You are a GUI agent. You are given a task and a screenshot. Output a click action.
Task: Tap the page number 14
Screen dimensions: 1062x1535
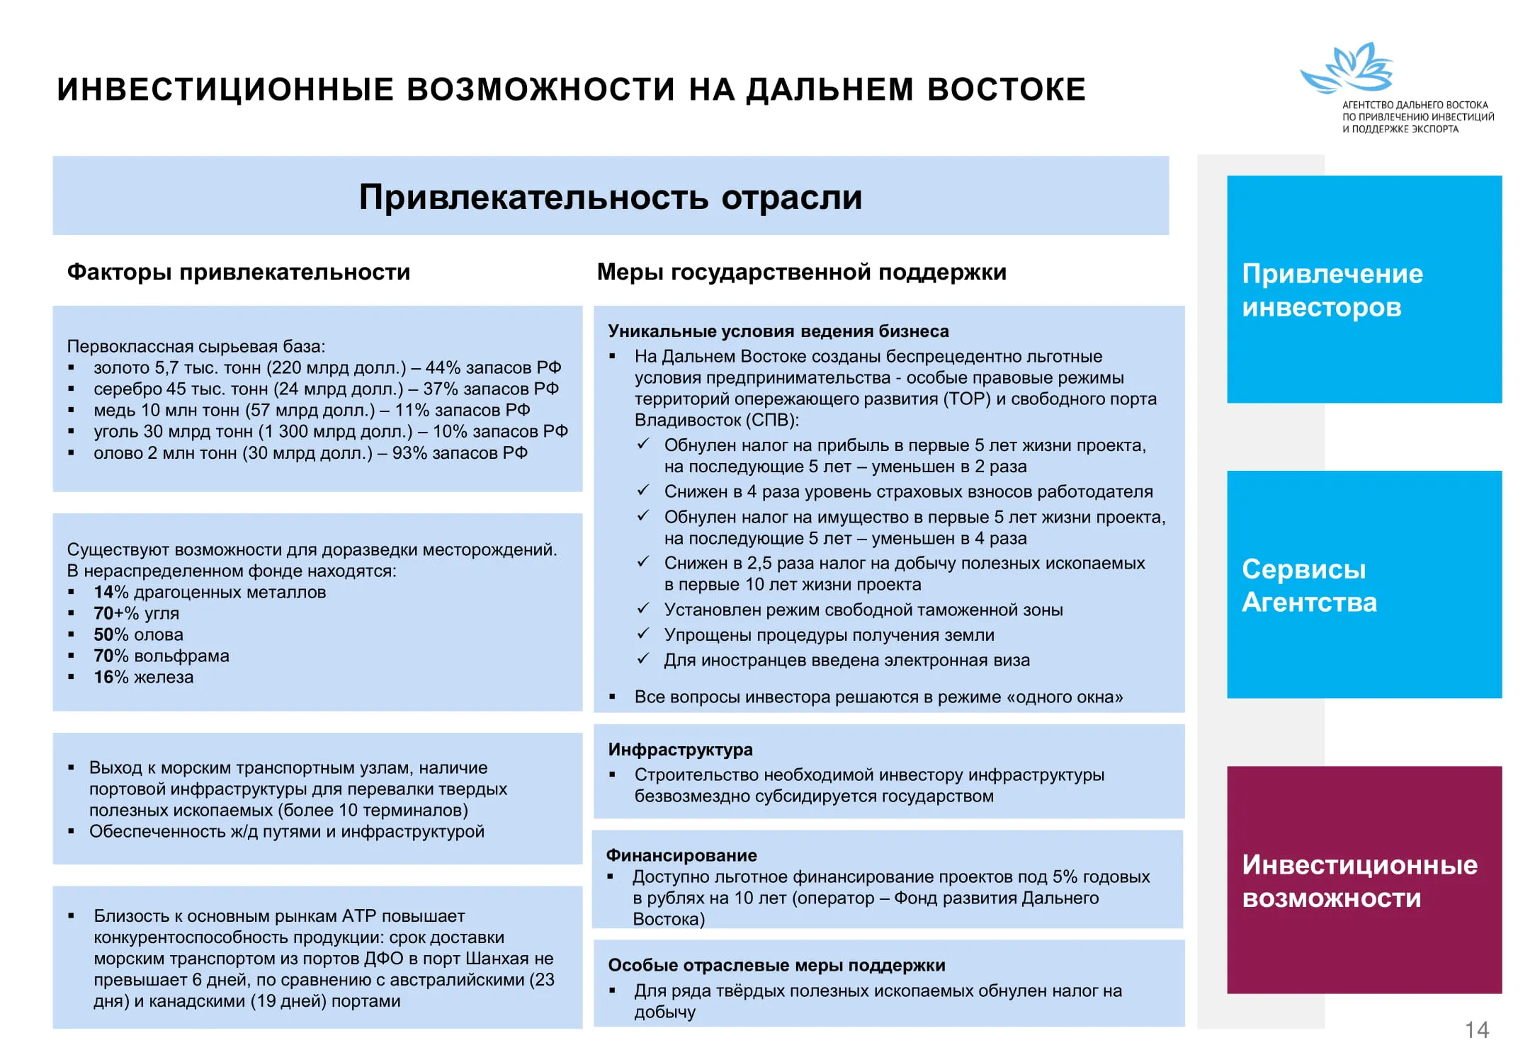tap(1476, 1029)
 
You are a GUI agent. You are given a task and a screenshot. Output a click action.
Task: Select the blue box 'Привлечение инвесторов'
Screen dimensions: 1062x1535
tap(1364, 290)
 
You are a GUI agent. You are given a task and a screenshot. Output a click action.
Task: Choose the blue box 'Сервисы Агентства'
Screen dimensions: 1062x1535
tap(1364, 585)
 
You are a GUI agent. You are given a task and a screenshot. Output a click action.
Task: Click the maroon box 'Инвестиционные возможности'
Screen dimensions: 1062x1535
tap(1364, 880)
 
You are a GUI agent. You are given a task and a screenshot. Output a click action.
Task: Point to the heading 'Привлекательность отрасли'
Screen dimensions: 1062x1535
tap(610, 197)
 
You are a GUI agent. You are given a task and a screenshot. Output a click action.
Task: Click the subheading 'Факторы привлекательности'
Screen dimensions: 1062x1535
tap(239, 272)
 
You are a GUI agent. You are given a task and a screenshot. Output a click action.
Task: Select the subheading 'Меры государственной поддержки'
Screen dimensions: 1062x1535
tap(801, 272)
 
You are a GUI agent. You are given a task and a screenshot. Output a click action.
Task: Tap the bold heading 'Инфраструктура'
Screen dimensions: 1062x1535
tap(680, 749)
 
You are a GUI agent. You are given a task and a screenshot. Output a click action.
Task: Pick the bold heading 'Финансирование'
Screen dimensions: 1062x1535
tap(681, 855)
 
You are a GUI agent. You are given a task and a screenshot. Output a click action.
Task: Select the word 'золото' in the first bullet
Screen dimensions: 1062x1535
tap(122, 368)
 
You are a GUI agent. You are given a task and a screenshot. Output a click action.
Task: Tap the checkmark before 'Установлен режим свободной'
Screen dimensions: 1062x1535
tap(643, 609)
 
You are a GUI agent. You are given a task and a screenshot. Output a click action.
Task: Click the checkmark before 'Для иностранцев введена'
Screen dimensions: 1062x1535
tap(643, 659)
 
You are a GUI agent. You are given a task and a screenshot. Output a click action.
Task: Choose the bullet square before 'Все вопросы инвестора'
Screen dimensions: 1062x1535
tap(613, 697)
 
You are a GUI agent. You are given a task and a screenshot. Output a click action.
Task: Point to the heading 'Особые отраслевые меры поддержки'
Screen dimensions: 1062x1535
tap(776, 965)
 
